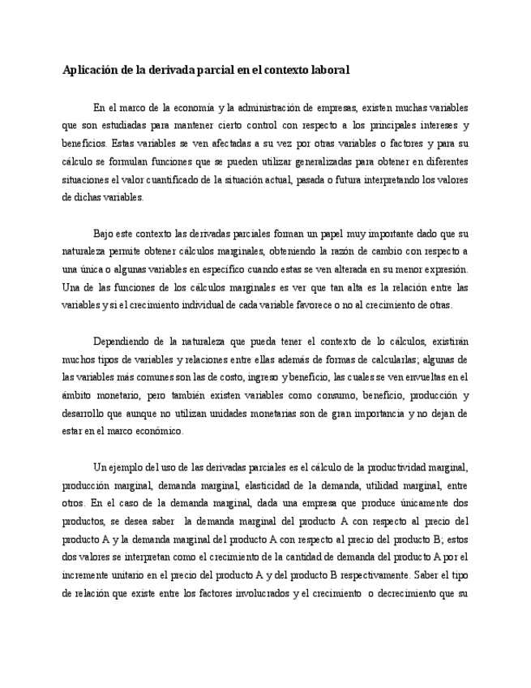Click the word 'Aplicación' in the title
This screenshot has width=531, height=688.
(90, 70)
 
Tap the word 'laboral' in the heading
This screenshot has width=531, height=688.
(327, 70)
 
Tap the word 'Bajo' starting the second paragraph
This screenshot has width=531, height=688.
(105, 234)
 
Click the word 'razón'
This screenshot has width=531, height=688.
(352, 252)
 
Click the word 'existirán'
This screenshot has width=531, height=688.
(447, 342)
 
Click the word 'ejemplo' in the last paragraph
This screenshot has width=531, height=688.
(126, 467)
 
